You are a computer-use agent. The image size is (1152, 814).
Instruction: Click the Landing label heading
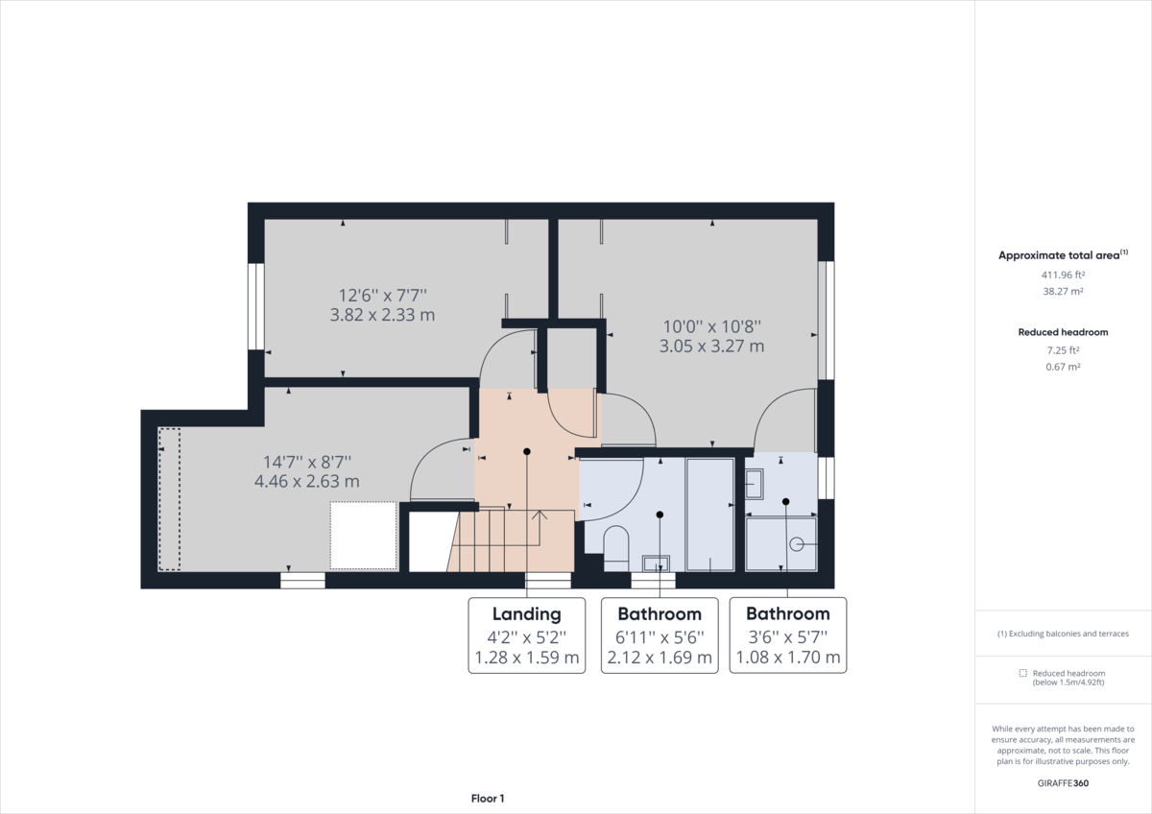[x=527, y=614]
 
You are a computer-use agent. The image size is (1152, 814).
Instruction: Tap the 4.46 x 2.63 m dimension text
[x=307, y=481]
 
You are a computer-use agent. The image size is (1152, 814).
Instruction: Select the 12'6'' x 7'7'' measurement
[x=383, y=295]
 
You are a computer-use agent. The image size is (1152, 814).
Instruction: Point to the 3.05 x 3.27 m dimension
[x=711, y=347]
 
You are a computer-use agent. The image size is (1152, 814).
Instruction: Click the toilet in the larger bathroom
[x=616, y=548]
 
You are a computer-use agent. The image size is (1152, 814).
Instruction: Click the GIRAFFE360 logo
[x=1063, y=783]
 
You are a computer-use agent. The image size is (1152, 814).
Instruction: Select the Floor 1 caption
[x=488, y=799]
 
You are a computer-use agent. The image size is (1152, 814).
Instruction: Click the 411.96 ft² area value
[x=1063, y=275]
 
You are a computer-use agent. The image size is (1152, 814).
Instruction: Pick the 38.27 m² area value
[x=1063, y=291]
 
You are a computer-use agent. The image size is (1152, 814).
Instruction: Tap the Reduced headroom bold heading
[x=1063, y=332]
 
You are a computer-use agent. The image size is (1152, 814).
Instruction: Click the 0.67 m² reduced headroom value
[x=1063, y=367]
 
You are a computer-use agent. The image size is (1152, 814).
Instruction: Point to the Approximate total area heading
[x=1063, y=255]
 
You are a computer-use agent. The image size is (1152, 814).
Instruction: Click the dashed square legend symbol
[x=1023, y=673]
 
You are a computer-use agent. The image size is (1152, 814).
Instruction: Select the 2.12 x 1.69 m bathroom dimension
[x=660, y=658]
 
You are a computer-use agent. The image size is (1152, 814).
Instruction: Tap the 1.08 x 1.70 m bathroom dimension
[x=788, y=658]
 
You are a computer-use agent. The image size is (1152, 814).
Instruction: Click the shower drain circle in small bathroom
[x=796, y=544]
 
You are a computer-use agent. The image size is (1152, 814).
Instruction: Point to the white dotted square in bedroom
[x=363, y=536]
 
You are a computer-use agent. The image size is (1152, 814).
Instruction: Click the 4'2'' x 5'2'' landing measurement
[x=527, y=637]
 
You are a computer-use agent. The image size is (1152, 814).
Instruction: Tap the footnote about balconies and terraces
[x=1063, y=634]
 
